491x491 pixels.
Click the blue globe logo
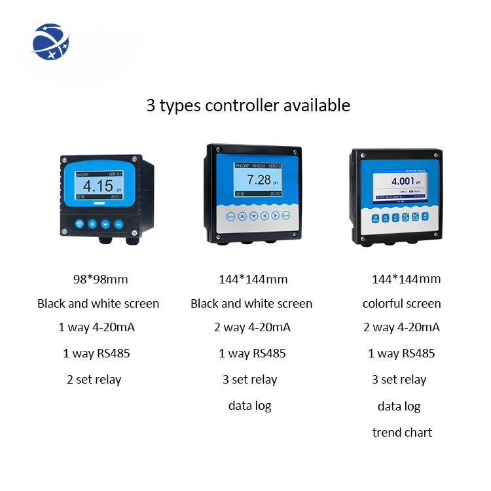coord(50,41)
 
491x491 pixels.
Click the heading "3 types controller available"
coord(248,105)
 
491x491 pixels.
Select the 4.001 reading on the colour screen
coord(403,181)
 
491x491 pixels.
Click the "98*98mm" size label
coord(100,280)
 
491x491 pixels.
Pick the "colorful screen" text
coord(401,304)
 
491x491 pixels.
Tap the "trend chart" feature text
coord(402,432)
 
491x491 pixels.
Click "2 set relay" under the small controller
coord(94,379)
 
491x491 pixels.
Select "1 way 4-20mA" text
coord(96,327)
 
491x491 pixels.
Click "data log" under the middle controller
coord(249,406)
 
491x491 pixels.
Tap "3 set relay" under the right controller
coord(399,380)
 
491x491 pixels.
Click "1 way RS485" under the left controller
coord(96,354)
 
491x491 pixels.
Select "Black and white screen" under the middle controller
coord(251,304)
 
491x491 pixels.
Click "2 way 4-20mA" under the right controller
coord(401,327)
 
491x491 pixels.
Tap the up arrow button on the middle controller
coord(243,216)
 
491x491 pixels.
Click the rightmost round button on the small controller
coord(118,224)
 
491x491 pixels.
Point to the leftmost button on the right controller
coord(376,219)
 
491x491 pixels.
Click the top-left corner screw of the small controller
coord(65,159)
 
